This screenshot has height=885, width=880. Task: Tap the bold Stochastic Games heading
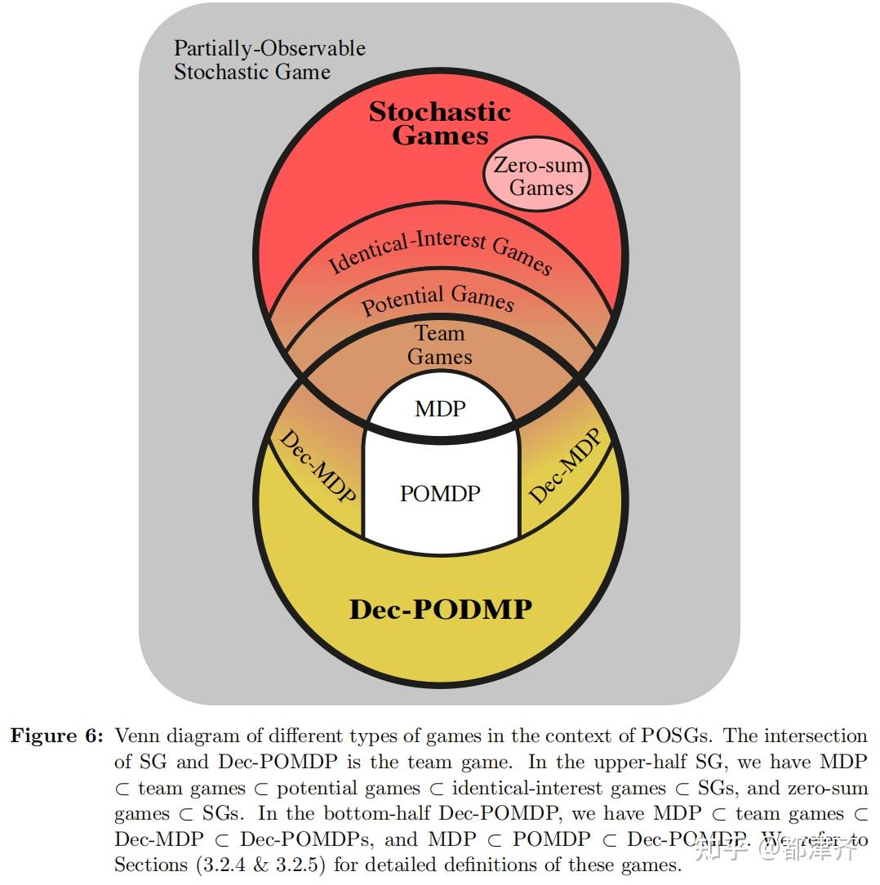point(440,123)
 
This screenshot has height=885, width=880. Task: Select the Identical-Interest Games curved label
point(440,252)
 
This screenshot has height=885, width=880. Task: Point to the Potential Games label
point(438,300)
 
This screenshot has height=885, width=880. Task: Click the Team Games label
point(440,345)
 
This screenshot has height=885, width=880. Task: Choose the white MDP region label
point(440,408)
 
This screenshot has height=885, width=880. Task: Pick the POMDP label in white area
point(440,493)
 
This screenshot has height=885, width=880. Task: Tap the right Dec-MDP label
point(565,466)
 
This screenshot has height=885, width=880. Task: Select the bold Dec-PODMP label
point(440,609)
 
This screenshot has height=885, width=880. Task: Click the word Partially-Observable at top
point(269,48)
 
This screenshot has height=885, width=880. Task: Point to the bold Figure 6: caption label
point(56,736)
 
